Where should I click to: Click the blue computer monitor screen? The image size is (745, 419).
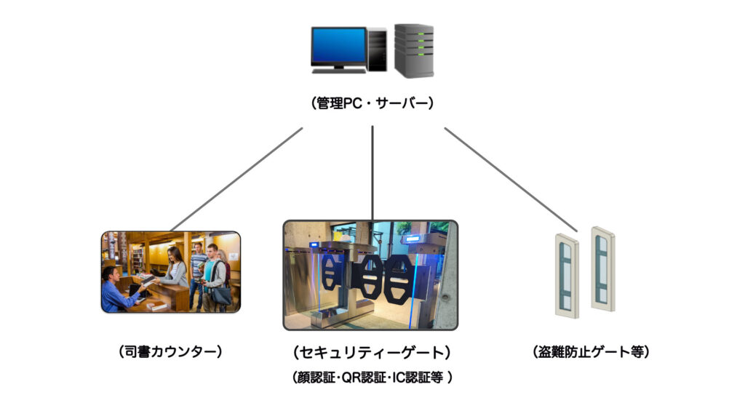[339, 46]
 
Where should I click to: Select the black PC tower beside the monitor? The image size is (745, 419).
[378, 49]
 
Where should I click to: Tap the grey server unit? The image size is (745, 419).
[414, 50]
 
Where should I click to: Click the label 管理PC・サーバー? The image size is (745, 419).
[372, 103]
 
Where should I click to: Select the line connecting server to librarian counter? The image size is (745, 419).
[236, 179]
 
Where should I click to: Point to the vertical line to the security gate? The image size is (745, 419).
[372, 173]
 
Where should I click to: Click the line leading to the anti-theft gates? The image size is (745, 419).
[511, 180]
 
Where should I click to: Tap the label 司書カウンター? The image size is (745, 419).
[170, 351]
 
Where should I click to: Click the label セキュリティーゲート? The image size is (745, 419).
[372, 352]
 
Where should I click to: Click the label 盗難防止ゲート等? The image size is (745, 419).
[591, 351]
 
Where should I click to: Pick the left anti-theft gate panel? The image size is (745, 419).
[567, 276]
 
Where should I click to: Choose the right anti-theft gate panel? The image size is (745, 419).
[603, 269]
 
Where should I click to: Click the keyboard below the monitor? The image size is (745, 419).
[339, 71]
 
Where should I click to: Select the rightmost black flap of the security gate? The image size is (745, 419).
[397, 279]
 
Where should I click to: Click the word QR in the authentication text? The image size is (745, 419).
[351, 378]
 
